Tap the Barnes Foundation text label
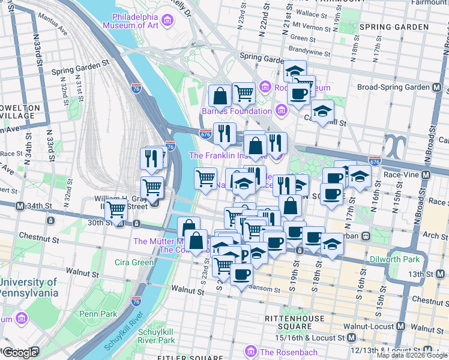(237, 111)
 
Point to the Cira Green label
(134, 262)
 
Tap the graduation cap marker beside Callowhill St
(323, 111)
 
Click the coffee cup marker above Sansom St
(241, 274)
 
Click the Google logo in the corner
(20, 353)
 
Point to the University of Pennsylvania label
(30, 287)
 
